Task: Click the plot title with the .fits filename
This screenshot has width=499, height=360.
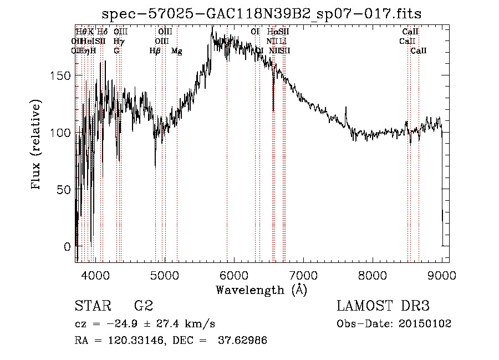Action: [x=266, y=14]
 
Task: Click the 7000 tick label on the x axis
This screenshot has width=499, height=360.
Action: [x=303, y=275]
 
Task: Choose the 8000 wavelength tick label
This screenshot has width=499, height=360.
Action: [x=372, y=275]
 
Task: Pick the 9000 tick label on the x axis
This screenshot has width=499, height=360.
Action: [x=441, y=275]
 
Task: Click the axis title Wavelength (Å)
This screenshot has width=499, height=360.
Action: [x=261, y=290]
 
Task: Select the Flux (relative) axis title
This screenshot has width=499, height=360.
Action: [x=37, y=145]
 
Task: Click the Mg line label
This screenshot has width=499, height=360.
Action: [x=176, y=51]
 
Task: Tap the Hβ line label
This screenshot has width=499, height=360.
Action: [x=155, y=51]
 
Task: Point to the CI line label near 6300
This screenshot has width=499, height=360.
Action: [x=255, y=32]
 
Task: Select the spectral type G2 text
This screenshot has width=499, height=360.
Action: [x=143, y=306]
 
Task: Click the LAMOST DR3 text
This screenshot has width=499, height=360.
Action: [x=383, y=306]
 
